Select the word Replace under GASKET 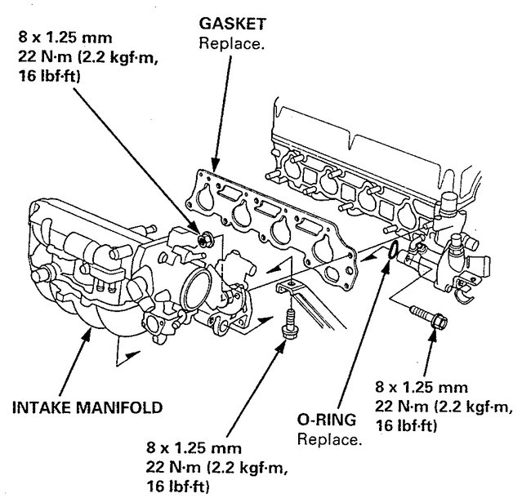click(x=232, y=42)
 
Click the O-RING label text click(x=328, y=422)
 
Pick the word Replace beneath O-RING click(x=329, y=439)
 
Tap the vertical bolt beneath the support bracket click(x=287, y=323)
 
